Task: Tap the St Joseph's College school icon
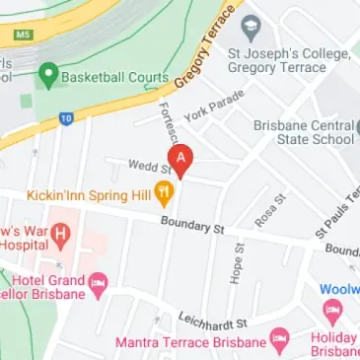pos(250,26)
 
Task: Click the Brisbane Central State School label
pos(304,132)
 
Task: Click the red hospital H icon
pos(62,236)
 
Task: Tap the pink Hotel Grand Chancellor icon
pos(98,287)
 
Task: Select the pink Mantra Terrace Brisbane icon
pos(280,341)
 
